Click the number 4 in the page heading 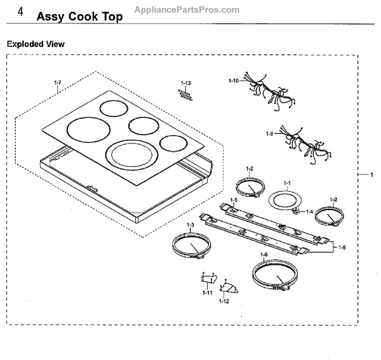21,13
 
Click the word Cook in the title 83,17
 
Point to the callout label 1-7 58,83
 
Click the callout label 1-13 185,84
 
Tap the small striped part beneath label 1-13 184,95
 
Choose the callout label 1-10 233,81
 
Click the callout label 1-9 270,133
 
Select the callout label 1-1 286,183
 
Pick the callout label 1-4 309,211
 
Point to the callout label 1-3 190,225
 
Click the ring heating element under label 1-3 189,246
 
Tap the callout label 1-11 207,292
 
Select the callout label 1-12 224,301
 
